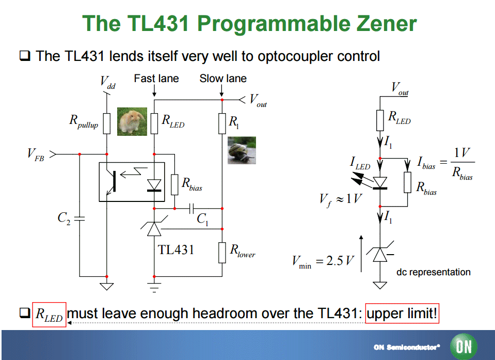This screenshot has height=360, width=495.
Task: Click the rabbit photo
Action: click(132, 121)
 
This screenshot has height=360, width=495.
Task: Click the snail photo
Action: click(242, 150)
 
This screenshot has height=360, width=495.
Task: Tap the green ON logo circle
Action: click(464, 346)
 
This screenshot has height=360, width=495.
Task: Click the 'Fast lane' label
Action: click(156, 79)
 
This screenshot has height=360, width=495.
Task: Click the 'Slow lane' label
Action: click(223, 79)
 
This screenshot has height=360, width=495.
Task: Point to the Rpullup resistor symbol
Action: click(107, 123)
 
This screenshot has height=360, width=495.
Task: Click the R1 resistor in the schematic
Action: click(222, 123)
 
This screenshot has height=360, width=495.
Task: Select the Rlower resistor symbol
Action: click(222, 252)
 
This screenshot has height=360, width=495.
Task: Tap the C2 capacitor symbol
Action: click(80, 218)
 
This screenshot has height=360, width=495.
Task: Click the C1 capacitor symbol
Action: click(191, 208)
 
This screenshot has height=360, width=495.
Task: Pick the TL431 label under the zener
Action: click(176, 249)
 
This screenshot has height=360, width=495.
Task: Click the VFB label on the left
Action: click(36, 155)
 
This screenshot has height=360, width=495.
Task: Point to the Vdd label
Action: click(107, 83)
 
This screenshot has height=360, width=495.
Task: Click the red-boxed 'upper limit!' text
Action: click(402, 314)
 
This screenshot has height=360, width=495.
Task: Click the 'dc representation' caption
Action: click(433, 272)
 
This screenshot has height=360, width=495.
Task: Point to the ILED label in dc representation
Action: click(360, 165)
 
